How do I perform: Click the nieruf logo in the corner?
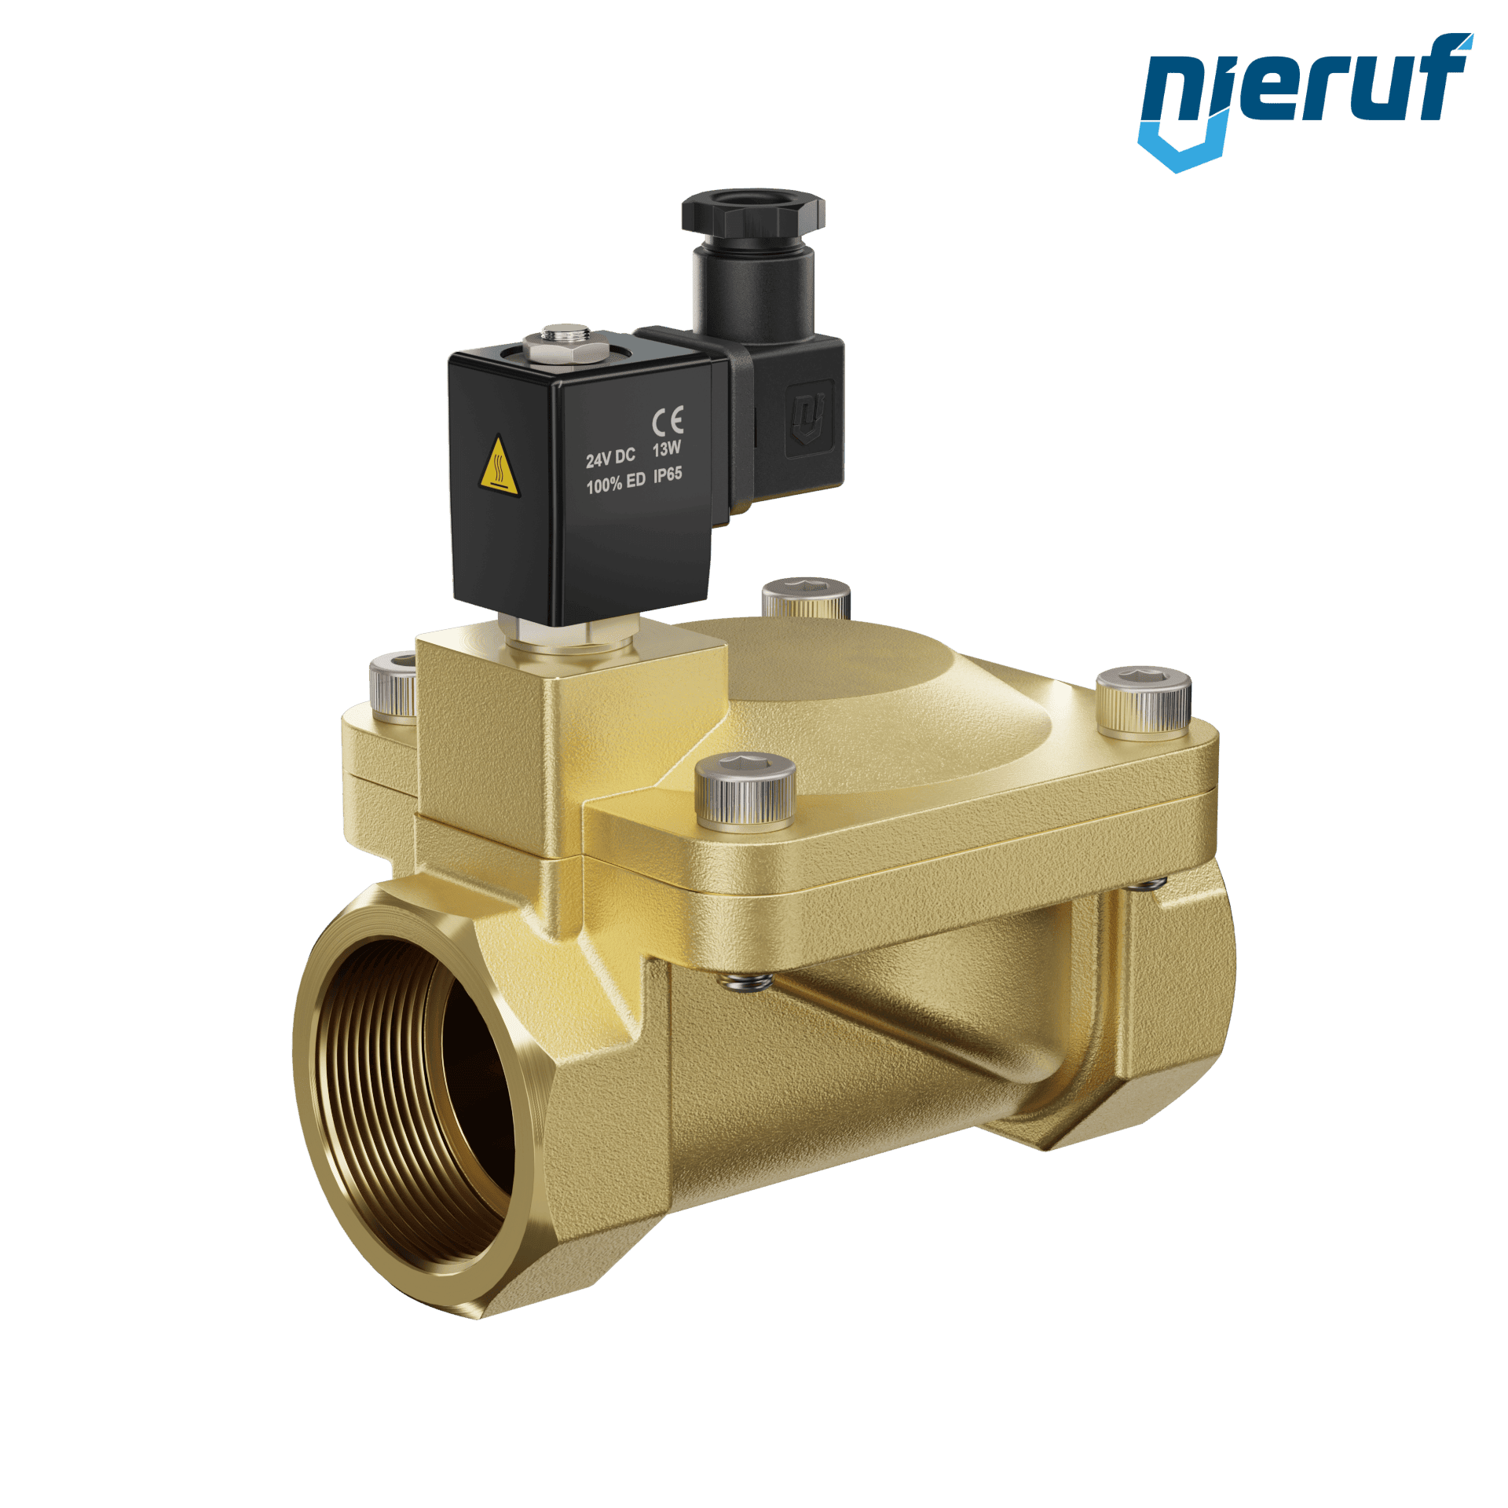point(1305,101)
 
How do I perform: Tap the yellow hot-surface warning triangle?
point(499,467)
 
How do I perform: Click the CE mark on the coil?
point(668,420)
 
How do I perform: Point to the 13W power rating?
point(667,449)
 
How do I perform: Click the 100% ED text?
point(616,483)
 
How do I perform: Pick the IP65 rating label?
point(668,474)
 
